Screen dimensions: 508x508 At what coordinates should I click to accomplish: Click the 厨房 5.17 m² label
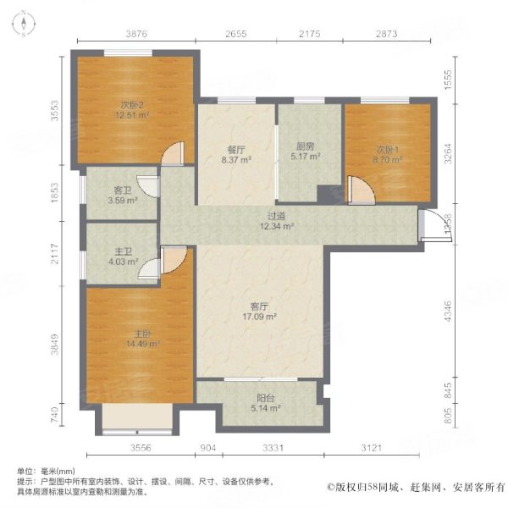pos(305,151)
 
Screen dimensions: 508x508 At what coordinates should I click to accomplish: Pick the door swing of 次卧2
pos(173,154)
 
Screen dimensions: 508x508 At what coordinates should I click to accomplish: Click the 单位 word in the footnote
pos(25,471)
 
